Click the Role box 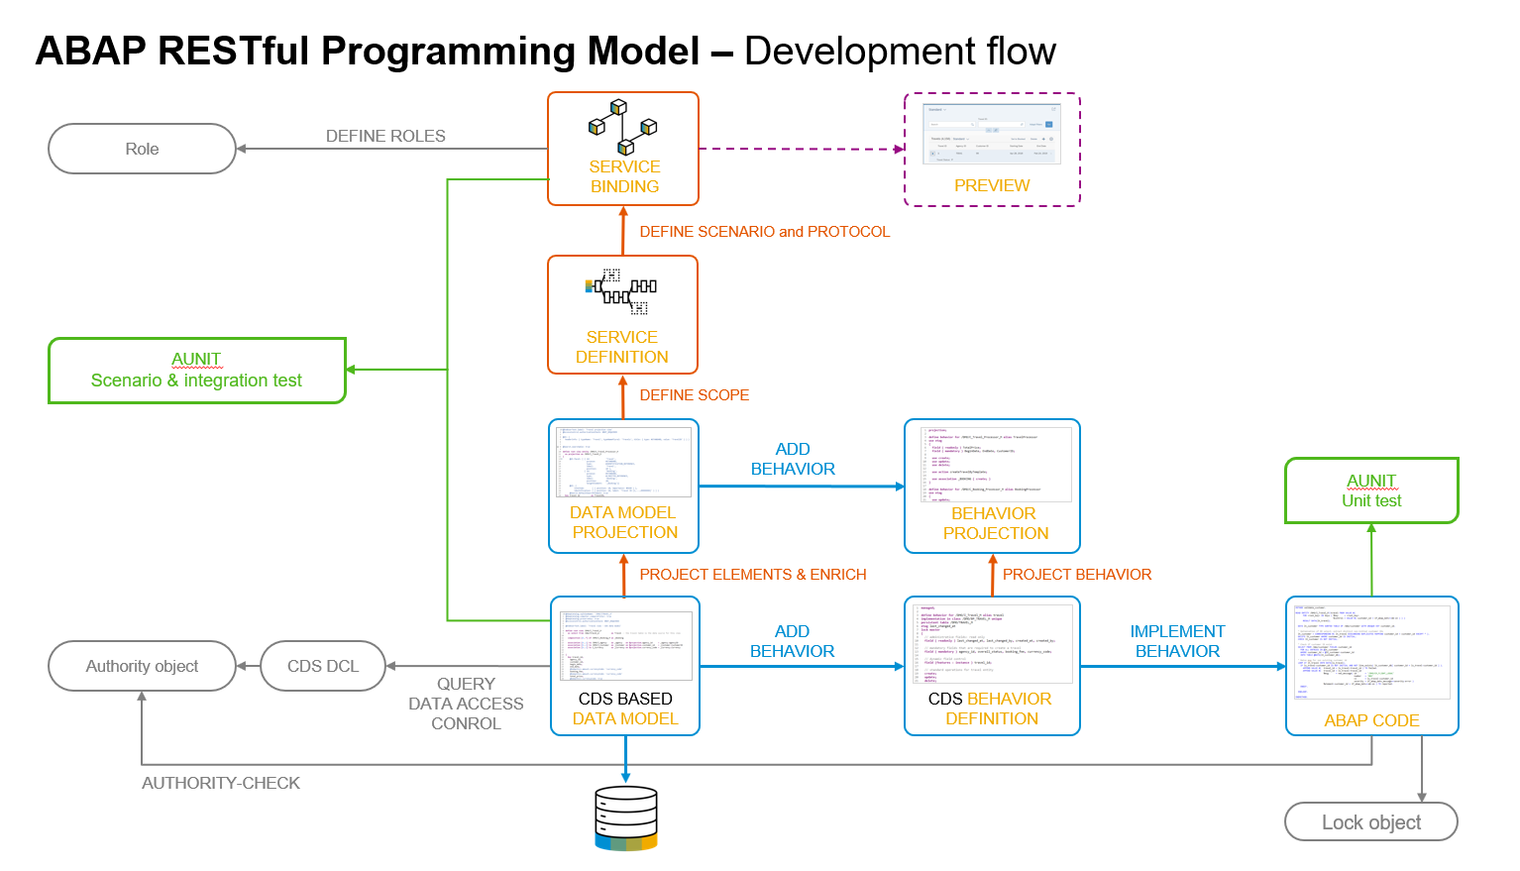142,149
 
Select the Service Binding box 623,150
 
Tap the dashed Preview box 992,151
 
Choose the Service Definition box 622,315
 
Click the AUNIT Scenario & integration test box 196,371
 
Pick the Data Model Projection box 623,486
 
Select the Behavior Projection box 992,486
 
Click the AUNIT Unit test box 1371,490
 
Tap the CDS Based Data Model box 625,666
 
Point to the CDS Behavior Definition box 992,666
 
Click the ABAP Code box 1371,666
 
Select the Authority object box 142,666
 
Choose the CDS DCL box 323,666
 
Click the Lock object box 1371,822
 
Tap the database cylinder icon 626,818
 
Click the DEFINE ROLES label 385,137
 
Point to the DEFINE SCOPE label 694,395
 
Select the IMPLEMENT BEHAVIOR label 1177,641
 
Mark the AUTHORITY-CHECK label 221,784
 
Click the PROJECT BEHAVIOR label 1076,575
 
